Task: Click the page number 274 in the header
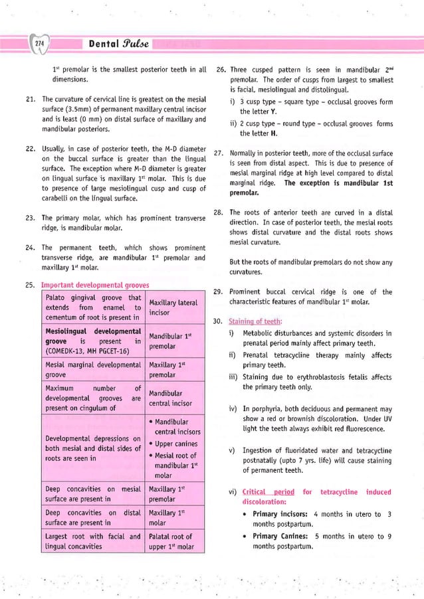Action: [x=39, y=44]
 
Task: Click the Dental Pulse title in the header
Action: [x=114, y=44]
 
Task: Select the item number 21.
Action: [x=30, y=99]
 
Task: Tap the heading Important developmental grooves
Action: [x=95, y=286]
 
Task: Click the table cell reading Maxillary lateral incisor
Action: [x=173, y=307]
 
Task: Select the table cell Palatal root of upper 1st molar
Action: [x=172, y=541]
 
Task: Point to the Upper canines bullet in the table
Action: [x=176, y=444]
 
